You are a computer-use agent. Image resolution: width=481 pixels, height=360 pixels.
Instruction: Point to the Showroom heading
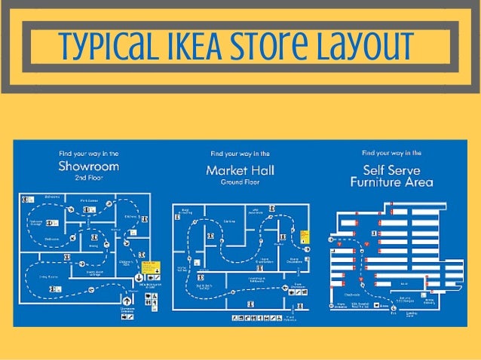click(x=88, y=166)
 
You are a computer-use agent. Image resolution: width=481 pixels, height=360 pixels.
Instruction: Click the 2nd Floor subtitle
click(x=88, y=178)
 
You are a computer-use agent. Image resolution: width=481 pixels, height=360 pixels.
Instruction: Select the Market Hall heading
click(x=240, y=170)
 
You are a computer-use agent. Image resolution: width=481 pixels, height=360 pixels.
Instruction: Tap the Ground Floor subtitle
click(x=240, y=182)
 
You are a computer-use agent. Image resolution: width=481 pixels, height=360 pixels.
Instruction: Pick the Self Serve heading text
click(x=391, y=169)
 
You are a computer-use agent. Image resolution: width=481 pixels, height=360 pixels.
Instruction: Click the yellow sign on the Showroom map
click(x=150, y=267)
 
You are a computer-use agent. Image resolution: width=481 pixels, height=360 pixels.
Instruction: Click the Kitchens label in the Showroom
click(x=130, y=217)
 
